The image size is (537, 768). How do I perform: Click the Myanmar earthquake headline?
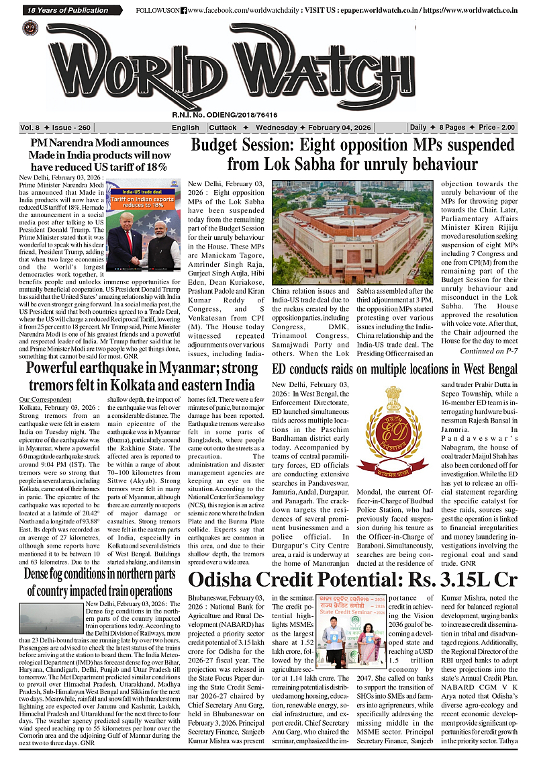[x=141, y=377]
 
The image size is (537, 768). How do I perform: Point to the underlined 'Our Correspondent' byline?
[x=44, y=400]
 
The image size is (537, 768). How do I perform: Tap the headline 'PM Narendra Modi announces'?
[x=99, y=144]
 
